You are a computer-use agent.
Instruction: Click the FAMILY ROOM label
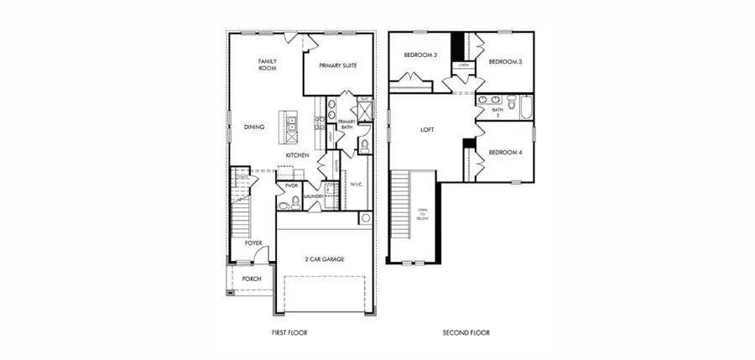268,65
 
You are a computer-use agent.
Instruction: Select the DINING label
254,127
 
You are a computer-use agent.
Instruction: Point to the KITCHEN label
297,155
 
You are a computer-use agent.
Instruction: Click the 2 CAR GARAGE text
325,259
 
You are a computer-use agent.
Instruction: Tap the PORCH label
251,279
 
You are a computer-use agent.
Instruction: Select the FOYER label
253,243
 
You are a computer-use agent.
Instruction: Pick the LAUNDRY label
314,196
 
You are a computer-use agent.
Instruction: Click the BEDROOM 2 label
420,55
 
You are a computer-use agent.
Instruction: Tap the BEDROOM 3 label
505,61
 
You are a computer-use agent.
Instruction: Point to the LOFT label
428,130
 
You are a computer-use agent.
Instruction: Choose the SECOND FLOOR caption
466,333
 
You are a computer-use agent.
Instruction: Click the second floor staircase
403,210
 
